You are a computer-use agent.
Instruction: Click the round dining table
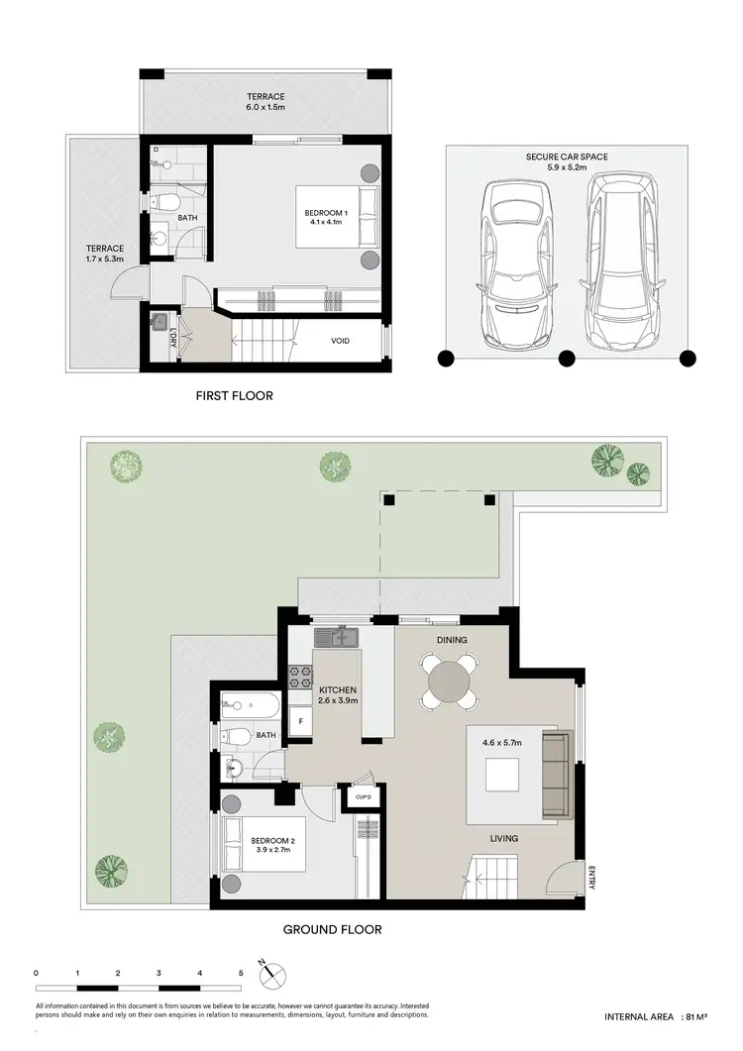(x=451, y=683)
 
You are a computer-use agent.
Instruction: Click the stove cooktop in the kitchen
(x=299, y=680)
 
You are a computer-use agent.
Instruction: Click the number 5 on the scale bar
(x=241, y=974)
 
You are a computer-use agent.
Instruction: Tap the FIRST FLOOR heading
(x=234, y=396)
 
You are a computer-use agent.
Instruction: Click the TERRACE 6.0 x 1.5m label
(x=266, y=102)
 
